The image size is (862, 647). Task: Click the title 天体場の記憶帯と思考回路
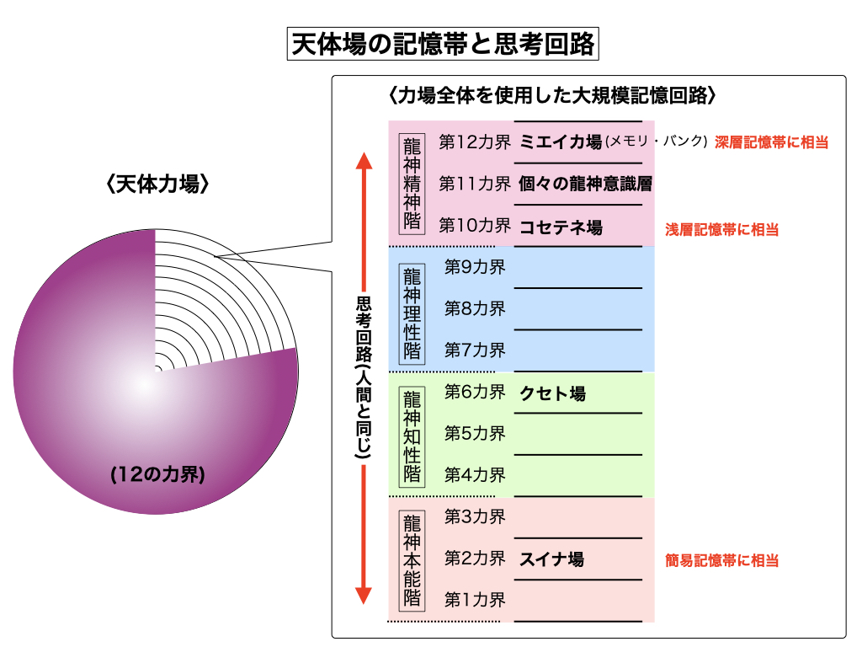tap(442, 44)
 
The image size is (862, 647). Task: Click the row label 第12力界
tap(475, 142)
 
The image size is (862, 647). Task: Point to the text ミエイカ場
tap(561, 142)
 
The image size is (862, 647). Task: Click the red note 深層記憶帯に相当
tap(771, 142)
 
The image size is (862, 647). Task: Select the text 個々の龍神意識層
tap(586, 183)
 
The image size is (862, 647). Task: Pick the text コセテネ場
tap(561, 227)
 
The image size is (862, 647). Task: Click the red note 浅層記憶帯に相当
tap(721, 229)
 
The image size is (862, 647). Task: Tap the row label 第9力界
tap(475, 267)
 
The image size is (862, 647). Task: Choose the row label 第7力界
tap(475, 349)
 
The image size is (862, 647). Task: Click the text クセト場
tap(552, 393)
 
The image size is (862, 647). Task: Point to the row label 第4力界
tap(475, 474)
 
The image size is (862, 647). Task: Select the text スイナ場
tap(552, 559)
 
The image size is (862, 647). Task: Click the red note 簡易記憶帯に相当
tap(721, 560)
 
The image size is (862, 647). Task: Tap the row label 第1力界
tap(475, 600)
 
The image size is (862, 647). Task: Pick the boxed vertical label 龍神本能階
tap(412, 559)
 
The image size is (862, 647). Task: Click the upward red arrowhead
tap(363, 162)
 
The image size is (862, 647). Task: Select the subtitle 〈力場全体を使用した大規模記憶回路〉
tap(552, 96)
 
